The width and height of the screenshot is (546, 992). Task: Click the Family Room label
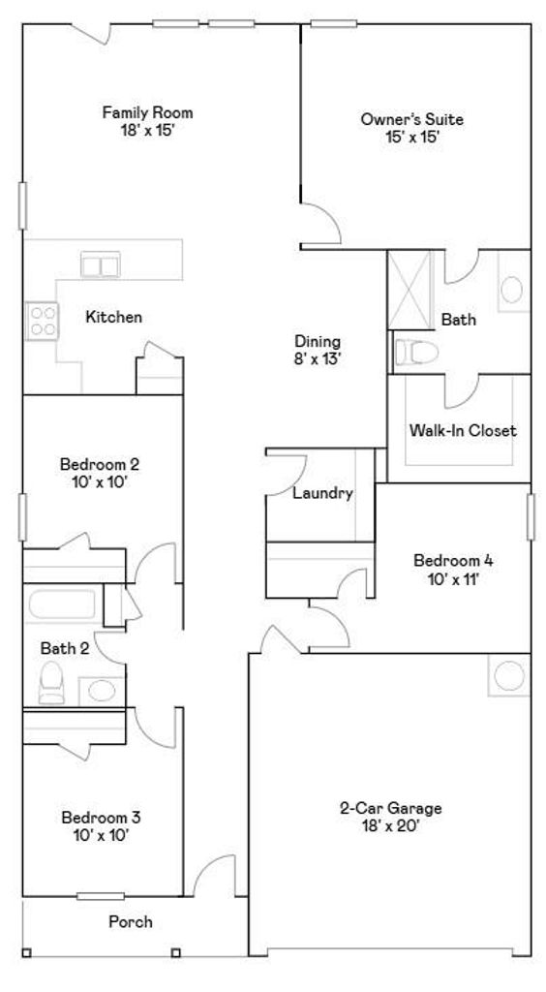coord(147,114)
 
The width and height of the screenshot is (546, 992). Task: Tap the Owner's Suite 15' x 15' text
coord(412,128)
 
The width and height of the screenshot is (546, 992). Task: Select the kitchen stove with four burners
coord(42,321)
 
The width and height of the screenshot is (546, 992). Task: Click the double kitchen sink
coord(101,264)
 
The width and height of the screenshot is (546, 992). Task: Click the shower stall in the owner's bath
coord(409,290)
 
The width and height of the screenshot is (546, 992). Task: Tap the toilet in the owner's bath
coord(416,353)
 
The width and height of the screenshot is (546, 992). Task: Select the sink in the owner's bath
coord(512,290)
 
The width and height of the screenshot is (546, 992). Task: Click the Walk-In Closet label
coord(463,431)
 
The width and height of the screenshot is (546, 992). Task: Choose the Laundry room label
coord(322,493)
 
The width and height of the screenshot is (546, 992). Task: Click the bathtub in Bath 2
coord(62,604)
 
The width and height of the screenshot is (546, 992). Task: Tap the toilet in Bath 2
coord(51,683)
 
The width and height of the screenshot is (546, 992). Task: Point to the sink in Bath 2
coord(101,690)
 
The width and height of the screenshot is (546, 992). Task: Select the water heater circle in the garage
coord(509,675)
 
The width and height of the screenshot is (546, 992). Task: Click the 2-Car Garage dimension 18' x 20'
coord(391,825)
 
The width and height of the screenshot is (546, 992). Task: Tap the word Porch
coord(130,922)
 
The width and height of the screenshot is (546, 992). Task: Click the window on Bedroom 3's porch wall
coord(101,896)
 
